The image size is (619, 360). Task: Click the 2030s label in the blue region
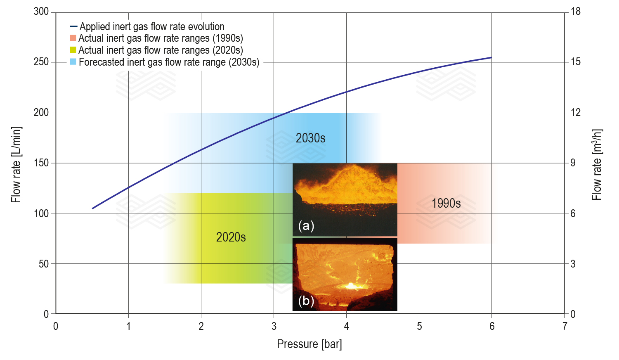point(310,138)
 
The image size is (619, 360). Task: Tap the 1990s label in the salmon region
point(446,203)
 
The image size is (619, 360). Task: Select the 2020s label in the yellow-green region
point(231,237)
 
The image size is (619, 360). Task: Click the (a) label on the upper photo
point(306,225)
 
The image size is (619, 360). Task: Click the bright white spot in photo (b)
point(351,285)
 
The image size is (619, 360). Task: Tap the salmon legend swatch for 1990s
point(73,38)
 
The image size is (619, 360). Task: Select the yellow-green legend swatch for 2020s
point(73,50)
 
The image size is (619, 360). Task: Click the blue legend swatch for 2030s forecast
point(73,62)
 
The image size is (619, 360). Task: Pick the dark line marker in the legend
point(73,27)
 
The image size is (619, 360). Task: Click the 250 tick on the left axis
point(41,62)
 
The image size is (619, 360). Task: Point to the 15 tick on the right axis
point(575,62)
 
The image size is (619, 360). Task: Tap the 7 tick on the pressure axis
point(565,326)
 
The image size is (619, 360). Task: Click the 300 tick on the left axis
point(41,12)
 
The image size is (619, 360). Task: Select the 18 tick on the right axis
point(575,12)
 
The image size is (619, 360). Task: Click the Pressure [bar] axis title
point(309,344)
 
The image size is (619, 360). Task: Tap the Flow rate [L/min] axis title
point(16,164)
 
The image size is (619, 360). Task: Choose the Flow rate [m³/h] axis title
point(597,164)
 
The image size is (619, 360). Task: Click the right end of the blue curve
point(491,57)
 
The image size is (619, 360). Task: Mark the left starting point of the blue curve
point(92,208)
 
